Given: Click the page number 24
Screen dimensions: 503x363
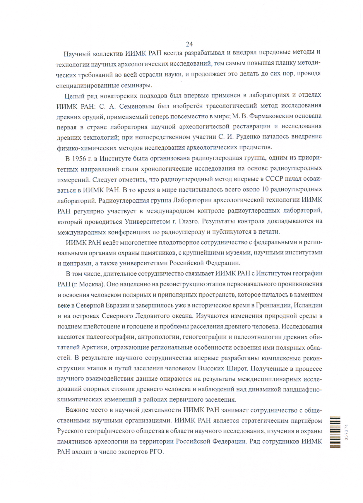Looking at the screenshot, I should (x=189, y=44).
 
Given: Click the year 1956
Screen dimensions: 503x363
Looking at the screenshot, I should (x=79, y=159).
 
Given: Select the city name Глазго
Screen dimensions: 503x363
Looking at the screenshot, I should (x=189, y=221).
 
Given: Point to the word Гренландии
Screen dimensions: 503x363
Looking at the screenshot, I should (x=274, y=305).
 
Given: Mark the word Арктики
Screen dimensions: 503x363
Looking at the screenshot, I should (x=95, y=348).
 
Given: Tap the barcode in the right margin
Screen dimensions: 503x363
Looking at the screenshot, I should (x=335, y=432).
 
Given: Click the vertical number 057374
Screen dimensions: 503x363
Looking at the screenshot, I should (x=347, y=432).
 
